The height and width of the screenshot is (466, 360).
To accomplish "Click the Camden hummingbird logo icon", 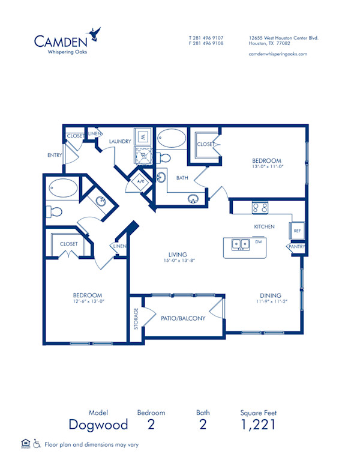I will pos(94,33).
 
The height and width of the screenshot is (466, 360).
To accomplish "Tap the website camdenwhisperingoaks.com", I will pos(278,54).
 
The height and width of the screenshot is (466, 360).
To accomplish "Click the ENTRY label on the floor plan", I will pos(55,156).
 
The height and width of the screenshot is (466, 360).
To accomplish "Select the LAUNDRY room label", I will pos(120,142).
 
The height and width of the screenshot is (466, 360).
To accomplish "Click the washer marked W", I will pos(143,137).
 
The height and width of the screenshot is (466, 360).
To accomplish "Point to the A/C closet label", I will pos(142,181).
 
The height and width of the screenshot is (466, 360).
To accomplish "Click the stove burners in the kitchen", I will pos(260,208).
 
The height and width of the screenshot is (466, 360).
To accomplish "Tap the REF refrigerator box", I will pos(296,230).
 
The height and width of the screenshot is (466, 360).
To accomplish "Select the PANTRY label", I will pos(296,246).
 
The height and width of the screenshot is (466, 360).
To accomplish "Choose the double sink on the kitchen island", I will pos(241,244).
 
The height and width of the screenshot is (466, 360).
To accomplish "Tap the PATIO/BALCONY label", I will pos(183,318).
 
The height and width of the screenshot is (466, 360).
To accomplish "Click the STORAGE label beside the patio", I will pos(136,319).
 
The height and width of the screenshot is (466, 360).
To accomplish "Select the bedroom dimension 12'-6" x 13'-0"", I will pos(88,303).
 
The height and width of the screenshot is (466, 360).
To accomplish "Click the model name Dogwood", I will pos(98,425).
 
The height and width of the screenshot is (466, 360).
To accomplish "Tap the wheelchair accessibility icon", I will pos(37,444).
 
